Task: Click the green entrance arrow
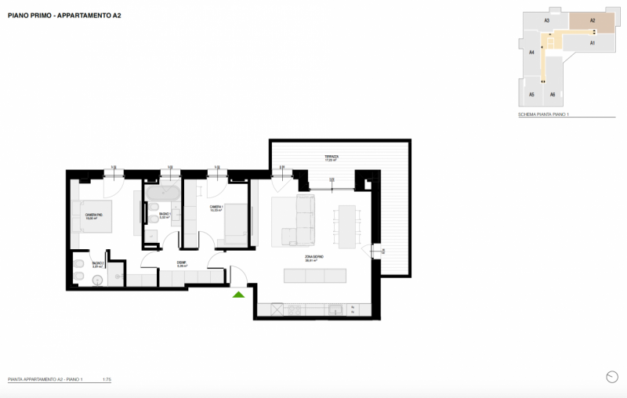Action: click(x=238, y=295)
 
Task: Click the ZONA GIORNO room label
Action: click(x=315, y=258)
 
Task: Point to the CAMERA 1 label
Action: click(x=217, y=208)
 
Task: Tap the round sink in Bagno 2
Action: click(x=114, y=274)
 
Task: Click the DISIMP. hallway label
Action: click(x=181, y=264)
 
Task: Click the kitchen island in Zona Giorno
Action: click(x=314, y=276)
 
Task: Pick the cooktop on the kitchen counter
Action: click(x=277, y=309)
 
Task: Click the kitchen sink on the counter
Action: click(x=295, y=309)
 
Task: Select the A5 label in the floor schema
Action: click(x=531, y=94)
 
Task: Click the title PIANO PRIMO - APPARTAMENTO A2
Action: click(x=64, y=15)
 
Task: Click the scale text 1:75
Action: click(x=107, y=378)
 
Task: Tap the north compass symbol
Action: click(x=611, y=377)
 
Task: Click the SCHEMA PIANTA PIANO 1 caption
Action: click(x=543, y=115)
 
